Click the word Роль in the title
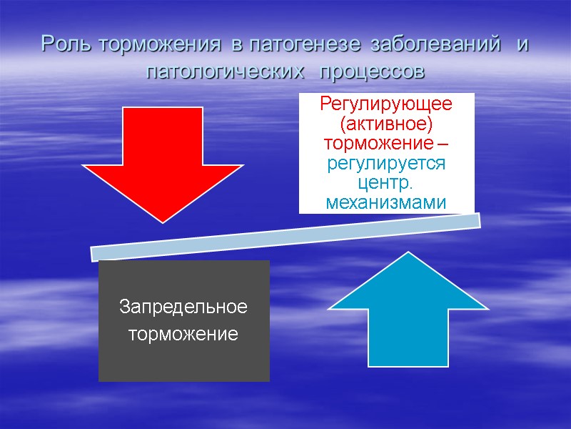pos(69,44)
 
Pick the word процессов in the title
pos(372,72)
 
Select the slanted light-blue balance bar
pos(285,237)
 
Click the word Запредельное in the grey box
pos(183,307)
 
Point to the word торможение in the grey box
pos(183,333)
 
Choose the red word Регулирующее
pos(386,104)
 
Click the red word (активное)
pos(386,124)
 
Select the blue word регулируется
pos(386,164)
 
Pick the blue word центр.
pos(386,184)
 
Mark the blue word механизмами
pos(386,204)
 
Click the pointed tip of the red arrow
pos(163,221)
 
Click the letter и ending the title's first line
pos(522,44)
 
